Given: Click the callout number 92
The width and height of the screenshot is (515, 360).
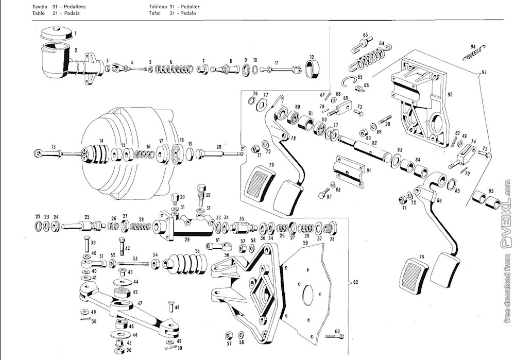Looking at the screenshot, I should click(450, 95).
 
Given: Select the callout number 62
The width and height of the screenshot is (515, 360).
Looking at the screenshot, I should click(355, 282).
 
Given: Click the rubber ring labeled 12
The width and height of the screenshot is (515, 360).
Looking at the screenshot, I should click(312, 68).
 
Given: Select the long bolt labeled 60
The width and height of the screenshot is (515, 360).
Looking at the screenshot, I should click(333, 336).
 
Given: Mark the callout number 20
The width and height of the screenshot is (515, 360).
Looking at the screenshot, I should click(219, 146).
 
